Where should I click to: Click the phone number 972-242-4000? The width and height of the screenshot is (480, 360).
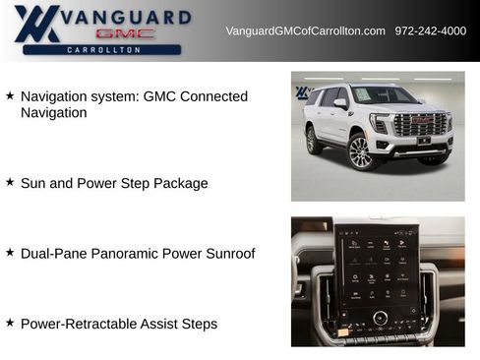430,30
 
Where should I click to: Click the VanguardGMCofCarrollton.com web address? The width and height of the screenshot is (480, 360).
305,30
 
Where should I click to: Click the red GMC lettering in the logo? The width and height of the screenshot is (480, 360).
122,33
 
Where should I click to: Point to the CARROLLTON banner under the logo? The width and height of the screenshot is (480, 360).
102,49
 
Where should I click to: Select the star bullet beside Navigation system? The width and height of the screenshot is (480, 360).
10,96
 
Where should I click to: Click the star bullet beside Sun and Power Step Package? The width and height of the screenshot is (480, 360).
10,182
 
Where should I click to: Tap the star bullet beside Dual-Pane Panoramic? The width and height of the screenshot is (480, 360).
10,253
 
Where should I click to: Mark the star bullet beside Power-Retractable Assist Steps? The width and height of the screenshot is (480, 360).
10,323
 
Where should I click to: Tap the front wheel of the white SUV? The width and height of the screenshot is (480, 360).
359,152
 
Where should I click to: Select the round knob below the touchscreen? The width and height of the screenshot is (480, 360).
380,319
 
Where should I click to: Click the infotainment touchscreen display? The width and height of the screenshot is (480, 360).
378,268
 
